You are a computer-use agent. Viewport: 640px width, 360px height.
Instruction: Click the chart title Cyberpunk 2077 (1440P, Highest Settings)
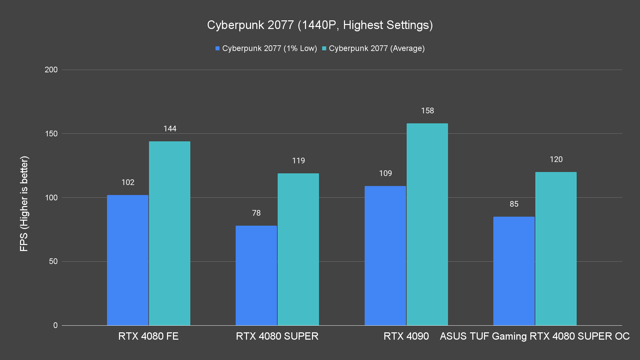click(x=320, y=25)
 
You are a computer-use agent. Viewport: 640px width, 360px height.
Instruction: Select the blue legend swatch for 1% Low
click(x=218, y=48)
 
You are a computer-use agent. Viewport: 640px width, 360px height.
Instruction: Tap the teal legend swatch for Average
click(x=324, y=48)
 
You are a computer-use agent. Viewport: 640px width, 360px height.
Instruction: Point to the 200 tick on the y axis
click(x=51, y=70)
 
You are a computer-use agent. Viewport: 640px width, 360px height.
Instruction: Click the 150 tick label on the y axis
click(x=51, y=134)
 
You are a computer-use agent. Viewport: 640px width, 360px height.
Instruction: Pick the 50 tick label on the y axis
click(x=53, y=261)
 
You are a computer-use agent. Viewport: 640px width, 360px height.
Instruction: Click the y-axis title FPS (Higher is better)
click(x=24, y=203)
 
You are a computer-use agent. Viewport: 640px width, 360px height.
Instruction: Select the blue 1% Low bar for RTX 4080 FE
click(x=128, y=260)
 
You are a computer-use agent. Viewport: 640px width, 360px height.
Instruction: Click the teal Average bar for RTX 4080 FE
click(x=170, y=233)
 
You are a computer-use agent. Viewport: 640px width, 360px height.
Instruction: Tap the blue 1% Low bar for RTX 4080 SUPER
click(x=256, y=275)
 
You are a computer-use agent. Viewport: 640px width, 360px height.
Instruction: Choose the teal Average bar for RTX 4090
click(x=427, y=224)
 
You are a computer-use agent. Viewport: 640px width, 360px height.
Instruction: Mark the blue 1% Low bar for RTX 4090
click(x=385, y=256)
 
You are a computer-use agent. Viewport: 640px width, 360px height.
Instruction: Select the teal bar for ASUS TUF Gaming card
click(x=556, y=249)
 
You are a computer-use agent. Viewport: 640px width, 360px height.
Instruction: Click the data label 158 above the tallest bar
click(x=427, y=111)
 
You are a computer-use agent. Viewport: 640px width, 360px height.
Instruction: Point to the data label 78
click(x=256, y=213)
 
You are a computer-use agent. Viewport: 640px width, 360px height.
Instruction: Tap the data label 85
click(x=514, y=204)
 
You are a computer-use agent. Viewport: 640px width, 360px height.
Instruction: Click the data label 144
click(x=170, y=129)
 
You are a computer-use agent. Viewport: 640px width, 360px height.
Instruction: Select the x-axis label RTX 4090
click(x=406, y=336)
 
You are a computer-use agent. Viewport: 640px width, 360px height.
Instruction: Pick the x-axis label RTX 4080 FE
click(x=148, y=336)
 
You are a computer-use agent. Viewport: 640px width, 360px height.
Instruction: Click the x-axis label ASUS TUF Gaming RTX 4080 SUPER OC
click(x=535, y=336)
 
